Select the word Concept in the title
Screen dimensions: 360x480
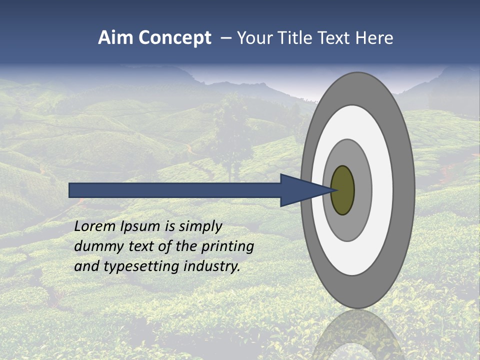tap(174, 38)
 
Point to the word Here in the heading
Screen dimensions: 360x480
tap(373, 38)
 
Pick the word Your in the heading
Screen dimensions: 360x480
tap(254, 38)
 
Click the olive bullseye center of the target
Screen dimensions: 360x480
tap(343, 190)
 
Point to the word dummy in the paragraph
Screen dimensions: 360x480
tap(96, 247)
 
